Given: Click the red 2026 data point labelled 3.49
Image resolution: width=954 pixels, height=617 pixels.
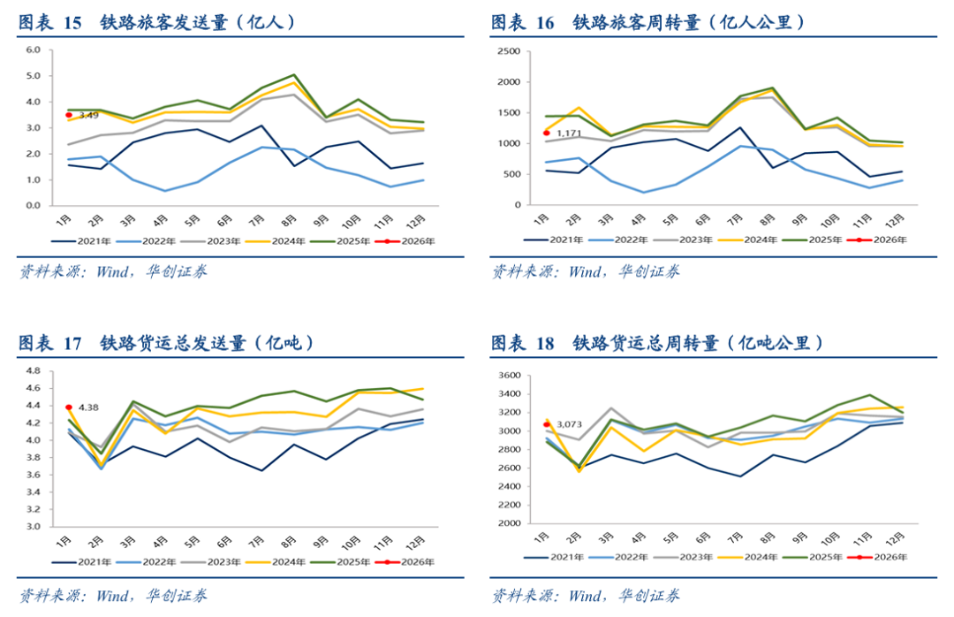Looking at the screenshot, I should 68,115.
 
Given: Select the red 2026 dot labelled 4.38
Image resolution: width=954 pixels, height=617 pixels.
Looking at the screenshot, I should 68,408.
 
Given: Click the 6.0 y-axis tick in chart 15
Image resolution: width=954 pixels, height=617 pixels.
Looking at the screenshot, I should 34,50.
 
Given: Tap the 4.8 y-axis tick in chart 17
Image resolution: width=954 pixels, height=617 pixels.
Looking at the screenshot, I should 34,370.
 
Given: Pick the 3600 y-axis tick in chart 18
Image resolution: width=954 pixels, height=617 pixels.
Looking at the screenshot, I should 507,376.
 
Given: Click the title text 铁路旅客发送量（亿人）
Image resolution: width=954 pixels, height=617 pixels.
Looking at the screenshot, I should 198,23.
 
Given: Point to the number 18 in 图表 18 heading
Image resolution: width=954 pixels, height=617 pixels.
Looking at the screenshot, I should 545,343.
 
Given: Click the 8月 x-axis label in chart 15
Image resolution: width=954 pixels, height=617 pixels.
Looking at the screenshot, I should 294,220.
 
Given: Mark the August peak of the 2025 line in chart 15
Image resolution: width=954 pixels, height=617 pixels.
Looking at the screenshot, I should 294,75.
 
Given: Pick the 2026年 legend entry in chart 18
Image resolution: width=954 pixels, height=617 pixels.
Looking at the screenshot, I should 884,557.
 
